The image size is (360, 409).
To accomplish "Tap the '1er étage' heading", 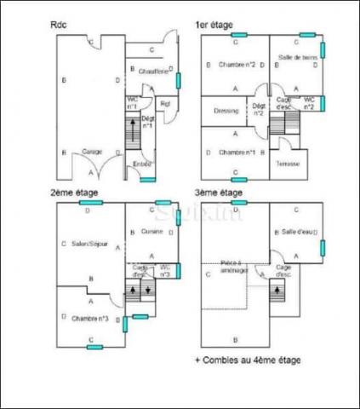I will [x=214, y=26].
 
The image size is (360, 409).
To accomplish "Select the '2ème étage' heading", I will [x=74, y=193].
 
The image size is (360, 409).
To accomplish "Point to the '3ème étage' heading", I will [x=219, y=193].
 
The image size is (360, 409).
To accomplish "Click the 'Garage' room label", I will [x=92, y=152].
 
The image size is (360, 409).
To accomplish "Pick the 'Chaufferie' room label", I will [x=152, y=71].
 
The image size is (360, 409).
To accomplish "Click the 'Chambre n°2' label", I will [x=237, y=65].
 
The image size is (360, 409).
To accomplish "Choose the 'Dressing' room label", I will [x=226, y=110].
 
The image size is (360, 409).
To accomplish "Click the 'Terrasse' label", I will [x=288, y=164].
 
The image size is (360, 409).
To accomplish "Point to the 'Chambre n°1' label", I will [x=237, y=152].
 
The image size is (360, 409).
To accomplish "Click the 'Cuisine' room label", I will [x=152, y=231].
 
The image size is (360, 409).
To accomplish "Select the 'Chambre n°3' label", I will [x=90, y=319].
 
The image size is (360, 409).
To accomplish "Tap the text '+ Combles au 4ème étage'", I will [x=247, y=360].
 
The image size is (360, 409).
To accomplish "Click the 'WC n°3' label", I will [x=166, y=271].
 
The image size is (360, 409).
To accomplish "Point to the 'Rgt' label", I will [x=166, y=104].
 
